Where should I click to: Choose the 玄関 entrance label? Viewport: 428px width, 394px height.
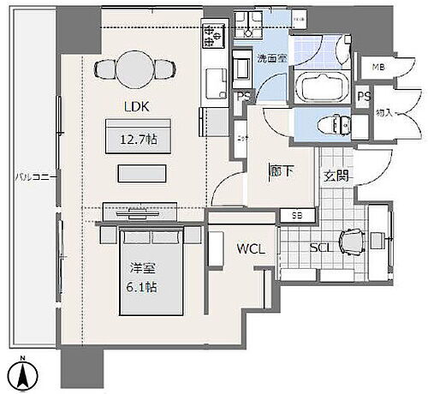pos(336,176)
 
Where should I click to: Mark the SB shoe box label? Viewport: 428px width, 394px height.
pos(297,215)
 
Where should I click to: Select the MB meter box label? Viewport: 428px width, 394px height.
pos(377,67)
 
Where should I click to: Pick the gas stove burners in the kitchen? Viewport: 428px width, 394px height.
pos(209,35)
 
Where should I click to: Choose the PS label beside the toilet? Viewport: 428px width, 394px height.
pos(362,97)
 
